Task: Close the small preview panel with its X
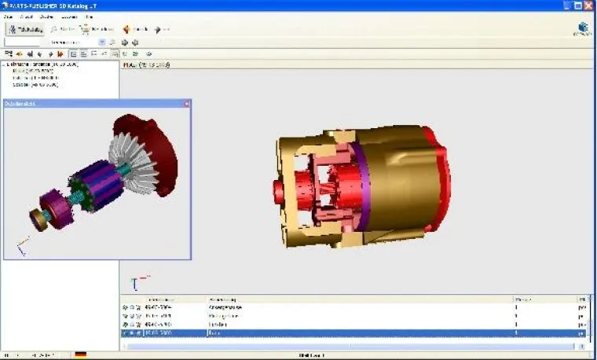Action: (x=187, y=104)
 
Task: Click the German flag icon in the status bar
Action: (x=80, y=354)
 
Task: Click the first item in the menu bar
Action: (x=9, y=16)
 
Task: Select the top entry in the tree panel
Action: (x=43, y=64)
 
